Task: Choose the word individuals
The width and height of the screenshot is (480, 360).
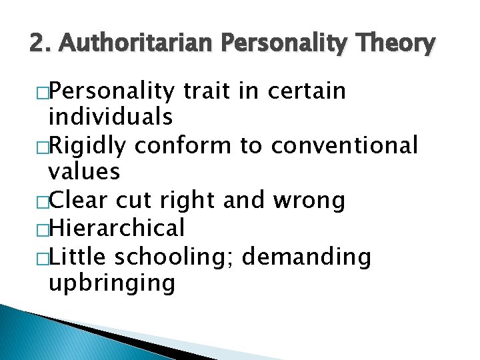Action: click(111, 118)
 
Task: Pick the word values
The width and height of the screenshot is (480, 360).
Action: click(84, 173)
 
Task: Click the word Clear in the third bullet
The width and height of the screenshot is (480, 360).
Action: click(79, 201)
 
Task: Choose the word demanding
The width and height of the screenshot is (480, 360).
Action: click(307, 256)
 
